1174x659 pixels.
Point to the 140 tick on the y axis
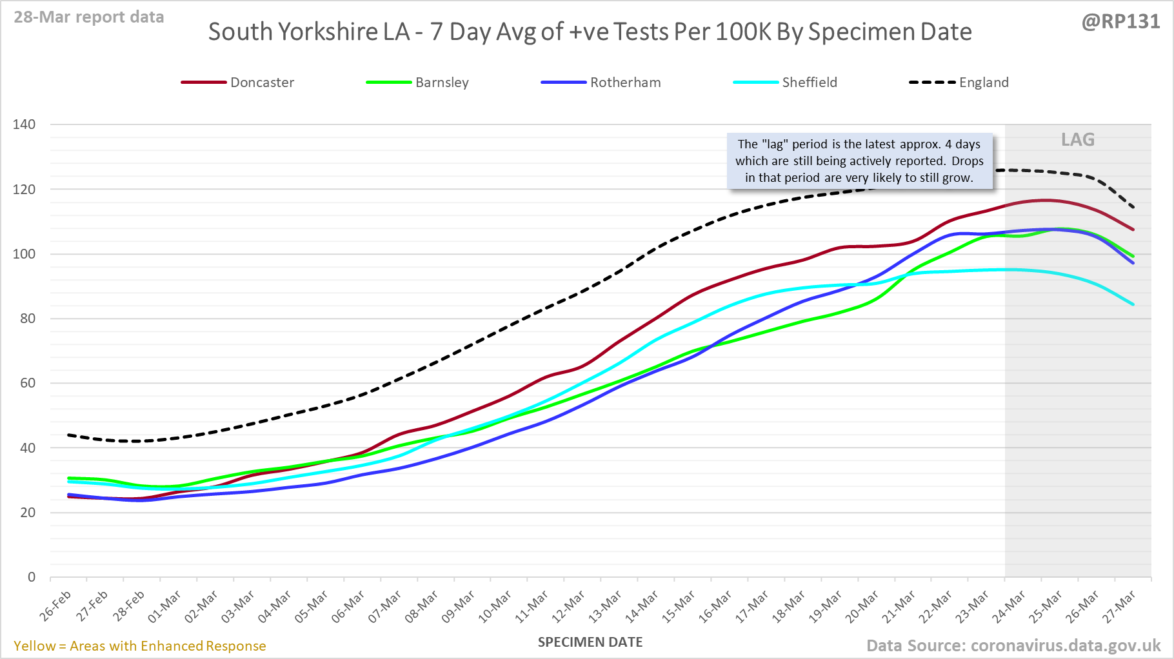(24, 124)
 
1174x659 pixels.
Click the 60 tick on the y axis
(28, 383)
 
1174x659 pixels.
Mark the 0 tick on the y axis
(32, 577)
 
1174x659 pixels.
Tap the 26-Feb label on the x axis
(56, 605)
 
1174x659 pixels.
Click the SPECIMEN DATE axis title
(590, 642)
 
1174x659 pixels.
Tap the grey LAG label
(1078, 140)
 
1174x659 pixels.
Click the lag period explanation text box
(859, 161)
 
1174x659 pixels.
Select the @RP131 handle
(1120, 22)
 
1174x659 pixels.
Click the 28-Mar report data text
(89, 17)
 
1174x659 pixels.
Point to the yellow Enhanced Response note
(140, 646)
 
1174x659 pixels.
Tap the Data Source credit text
(1013, 646)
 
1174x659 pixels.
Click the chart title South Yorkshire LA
(590, 32)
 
